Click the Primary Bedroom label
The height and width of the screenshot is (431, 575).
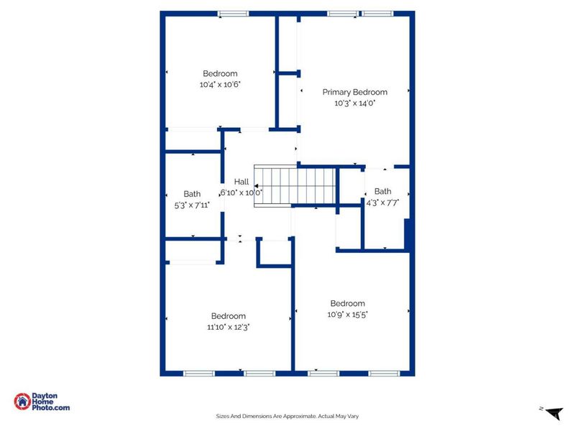(354, 92)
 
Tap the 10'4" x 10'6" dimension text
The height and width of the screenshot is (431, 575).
(220, 85)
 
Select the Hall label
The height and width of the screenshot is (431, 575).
(241, 182)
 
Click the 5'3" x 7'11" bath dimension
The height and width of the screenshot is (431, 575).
(192, 205)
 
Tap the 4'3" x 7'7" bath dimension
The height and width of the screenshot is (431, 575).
(382, 203)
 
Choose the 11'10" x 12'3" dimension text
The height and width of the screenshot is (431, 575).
(228, 327)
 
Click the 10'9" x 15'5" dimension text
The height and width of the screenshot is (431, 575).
(347, 314)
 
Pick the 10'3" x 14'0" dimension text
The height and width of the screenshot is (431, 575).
(354, 103)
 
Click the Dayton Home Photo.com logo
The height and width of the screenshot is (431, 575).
(42, 402)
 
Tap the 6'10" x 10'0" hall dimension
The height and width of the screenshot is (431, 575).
(241, 193)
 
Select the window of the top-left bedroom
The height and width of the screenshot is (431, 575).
(233, 13)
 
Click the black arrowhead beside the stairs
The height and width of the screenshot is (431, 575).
(257, 185)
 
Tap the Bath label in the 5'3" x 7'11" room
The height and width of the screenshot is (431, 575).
(192, 194)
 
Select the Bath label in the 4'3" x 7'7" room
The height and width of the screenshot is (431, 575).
(382, 192)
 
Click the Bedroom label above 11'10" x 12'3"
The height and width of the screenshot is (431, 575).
(228, 316)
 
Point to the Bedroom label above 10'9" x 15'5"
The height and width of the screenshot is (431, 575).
(347, 303)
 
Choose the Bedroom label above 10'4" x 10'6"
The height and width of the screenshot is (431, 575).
(220, 73)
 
